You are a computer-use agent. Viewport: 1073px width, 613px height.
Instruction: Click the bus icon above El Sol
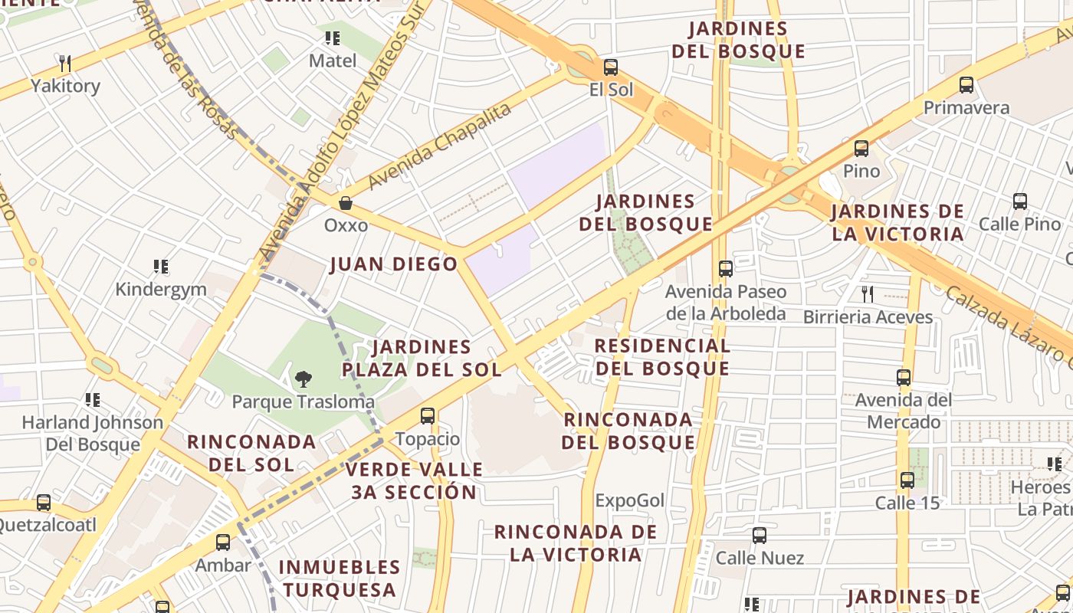(x=610, y=67)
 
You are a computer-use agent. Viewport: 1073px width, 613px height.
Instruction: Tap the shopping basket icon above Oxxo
(x=346, y=203)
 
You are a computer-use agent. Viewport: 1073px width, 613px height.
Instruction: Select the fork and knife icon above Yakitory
(x=65, y=63)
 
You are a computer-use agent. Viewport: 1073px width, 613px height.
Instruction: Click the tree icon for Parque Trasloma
(x=304, y=379)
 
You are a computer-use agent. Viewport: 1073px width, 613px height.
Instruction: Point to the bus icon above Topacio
(x=428, y=416)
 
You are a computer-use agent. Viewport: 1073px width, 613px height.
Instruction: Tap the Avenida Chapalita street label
(x=439, y=146)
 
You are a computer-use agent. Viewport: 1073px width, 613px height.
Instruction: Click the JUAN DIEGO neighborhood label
(x=393, y=264)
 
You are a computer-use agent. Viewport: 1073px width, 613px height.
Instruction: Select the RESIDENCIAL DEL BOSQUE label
(x=662, y=357)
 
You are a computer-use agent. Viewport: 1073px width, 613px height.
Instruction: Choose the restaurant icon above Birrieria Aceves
(x=868, y=293)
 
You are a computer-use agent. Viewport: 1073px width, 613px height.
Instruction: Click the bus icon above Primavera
(x=966, y=85)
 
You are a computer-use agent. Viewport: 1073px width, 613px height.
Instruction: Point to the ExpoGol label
(x=630, y=500)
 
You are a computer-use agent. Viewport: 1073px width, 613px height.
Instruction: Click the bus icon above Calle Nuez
(x=760, y=536)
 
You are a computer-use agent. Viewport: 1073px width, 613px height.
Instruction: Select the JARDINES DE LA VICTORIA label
(x=897, y=222)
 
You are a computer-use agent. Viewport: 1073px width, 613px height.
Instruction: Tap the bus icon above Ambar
(x=223, y=543)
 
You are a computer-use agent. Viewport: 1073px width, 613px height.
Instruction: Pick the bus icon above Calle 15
(x=907, y=480)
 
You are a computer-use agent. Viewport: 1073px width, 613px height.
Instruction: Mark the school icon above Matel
(x=333, y=38)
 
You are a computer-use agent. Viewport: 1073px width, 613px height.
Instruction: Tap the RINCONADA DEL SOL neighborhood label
(x=251, y=453)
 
